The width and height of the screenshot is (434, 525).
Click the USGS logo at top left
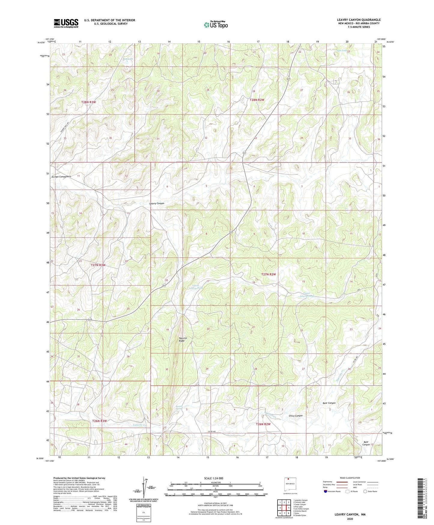coord(66,23)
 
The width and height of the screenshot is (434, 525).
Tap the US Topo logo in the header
coord(216,25)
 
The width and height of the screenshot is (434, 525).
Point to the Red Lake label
coord(128,59)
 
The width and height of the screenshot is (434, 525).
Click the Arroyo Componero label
coord(61,177)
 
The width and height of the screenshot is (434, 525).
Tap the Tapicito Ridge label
coord(182,339)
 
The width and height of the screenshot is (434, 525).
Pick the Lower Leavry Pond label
coord(196,287)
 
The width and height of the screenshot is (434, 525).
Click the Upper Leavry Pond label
coord(307,295)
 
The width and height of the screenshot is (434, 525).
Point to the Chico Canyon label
coord(296,416)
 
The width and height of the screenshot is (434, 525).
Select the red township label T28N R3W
coord(89,102)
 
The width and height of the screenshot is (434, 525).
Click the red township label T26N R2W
coord(263,424)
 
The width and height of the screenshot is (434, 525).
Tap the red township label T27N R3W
coord(98,265)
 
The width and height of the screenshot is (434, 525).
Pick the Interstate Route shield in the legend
coord(326,491)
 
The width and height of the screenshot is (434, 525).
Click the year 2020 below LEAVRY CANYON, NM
coord(350,519)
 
